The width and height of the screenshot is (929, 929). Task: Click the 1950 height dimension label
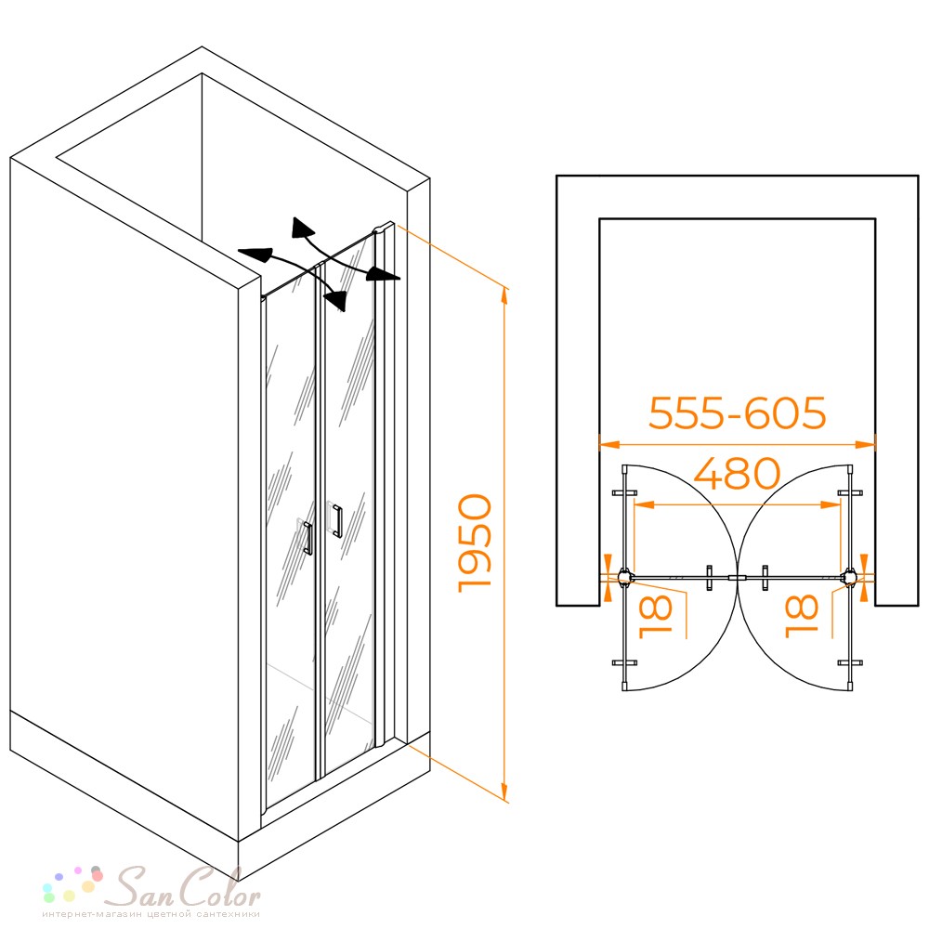475,543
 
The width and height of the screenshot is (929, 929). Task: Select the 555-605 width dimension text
737,412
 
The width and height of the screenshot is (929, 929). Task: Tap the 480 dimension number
737,474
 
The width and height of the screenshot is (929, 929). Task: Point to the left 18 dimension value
655,616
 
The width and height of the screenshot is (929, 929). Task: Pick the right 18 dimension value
801,616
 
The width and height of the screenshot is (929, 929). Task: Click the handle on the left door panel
307,538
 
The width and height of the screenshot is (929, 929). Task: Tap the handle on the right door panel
337,521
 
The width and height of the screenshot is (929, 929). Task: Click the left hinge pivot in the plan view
624,577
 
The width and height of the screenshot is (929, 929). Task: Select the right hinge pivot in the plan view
850,577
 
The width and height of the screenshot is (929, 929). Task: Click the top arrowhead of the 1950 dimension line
504,294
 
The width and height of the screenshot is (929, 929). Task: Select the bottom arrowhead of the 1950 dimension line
504,792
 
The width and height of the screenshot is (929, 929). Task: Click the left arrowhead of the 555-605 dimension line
609,444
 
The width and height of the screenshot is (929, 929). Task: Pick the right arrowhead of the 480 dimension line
831,504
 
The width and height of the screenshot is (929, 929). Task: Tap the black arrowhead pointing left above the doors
255,254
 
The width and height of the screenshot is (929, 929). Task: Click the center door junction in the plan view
737,577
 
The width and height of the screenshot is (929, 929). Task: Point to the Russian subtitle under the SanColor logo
151,914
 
